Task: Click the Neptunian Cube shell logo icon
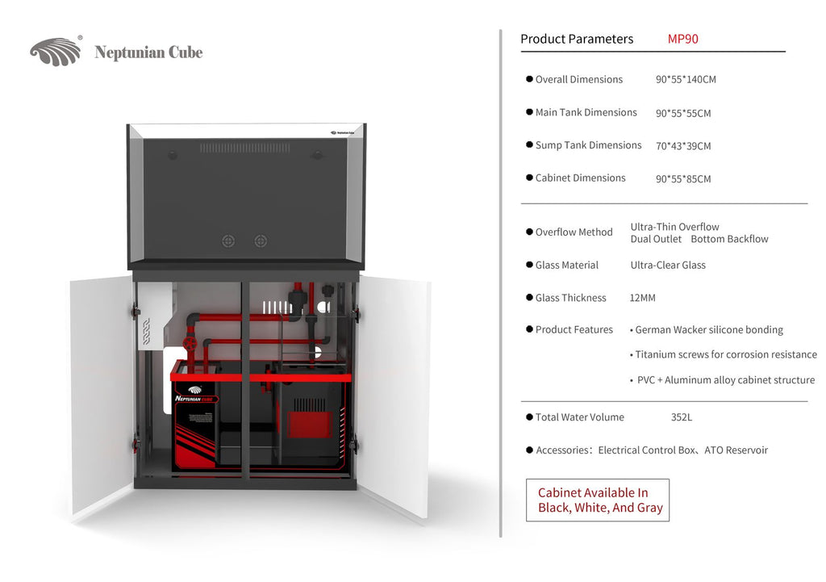pyautogui.click(x=56, y=52)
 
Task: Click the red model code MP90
pyautogui.click(x=682, y=39)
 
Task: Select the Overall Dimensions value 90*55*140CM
pyautogui.click(x=686, y=79)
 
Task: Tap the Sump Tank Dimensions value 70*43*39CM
pyautogui.click(x=683, y=146)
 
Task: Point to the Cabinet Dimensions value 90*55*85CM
pyautogui.click(x=683, y=179)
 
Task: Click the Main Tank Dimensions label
pyautogui.click(x=586, y=112)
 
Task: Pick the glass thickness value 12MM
pyautogui.click(x=642, y=298)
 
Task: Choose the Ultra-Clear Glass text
pyautogui.click(x=668, y=265)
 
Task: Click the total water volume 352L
pyautogui.click(x=682, y=417)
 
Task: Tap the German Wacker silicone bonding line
pyautogui.click(x=708, y=329)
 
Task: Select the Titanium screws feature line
pyautogui.click(x=725, y=354)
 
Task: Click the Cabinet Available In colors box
pyautogui.click(x=598, y=500)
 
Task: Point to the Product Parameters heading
pyautogui.click(x=577, y=39)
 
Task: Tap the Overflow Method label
pyautogui.click(x=574, y=232)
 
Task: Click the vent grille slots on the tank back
pyautogui.click(x=244, y=149)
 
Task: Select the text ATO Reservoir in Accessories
pyautogui.click(x=736, y=450)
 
